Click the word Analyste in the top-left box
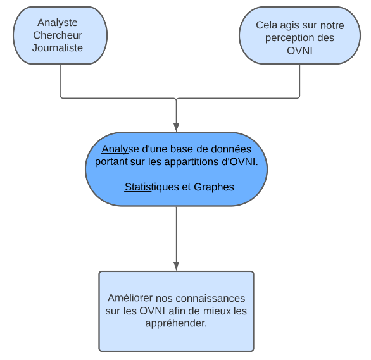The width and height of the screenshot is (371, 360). [x=58, y=23]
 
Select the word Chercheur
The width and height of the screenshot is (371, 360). [x=58, y=35]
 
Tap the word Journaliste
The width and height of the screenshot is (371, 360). [x=58, y=47]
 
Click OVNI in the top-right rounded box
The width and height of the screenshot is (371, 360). [x=299, y=51]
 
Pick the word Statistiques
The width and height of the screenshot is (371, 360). [x=152, y=187]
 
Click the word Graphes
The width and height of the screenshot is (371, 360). [x=214, y=187]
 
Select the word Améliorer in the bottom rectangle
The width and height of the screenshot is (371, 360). [x=130, y=298]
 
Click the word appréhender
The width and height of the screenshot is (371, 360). [x=176, y=323]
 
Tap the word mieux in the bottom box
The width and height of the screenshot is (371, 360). [x=217, y=311]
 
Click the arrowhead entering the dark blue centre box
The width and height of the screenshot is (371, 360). [x=176, y=127]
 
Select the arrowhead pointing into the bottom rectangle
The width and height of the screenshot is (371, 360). [x=176, y=266]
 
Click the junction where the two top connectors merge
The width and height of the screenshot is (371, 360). [x=176, y=98]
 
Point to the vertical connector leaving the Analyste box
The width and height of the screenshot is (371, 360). [x=60, y=80]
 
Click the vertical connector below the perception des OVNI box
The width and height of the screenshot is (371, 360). [x=300, y=80]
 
